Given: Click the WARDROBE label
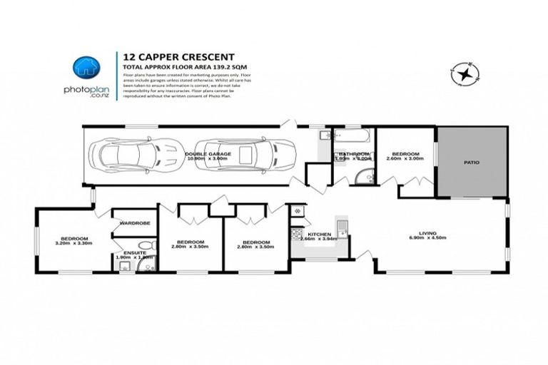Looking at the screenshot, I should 133,222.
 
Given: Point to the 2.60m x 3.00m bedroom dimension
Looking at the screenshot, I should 405,159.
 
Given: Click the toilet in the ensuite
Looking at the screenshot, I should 147,266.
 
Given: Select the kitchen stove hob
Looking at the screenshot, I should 295,233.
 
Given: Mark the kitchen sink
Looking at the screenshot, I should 342,228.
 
